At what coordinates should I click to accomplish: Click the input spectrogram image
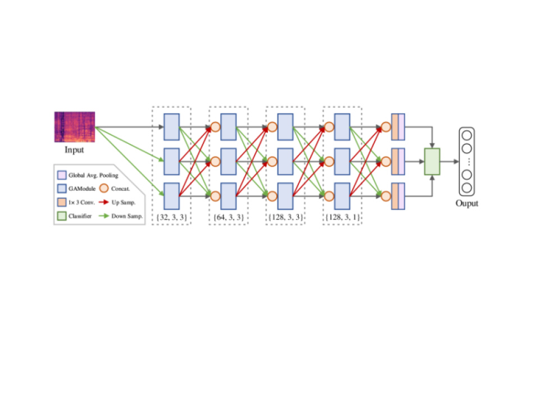coord(75,127)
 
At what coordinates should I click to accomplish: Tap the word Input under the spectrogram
coord(74,150)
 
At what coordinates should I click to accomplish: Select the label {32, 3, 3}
coord(172,216)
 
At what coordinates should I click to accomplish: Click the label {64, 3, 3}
coord(229,216)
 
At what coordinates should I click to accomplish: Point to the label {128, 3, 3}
coord(285,216)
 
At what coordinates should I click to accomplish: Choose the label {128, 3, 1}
coord(342,216)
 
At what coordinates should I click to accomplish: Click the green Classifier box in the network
coord(432,162)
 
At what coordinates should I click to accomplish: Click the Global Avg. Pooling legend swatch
coord(62,175)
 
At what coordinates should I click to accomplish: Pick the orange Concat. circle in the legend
coord(104,189)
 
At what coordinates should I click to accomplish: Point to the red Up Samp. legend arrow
coord(104,202)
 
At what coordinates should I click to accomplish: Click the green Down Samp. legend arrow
coord(104,216)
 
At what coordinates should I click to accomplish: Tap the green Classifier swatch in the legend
coord(62,216)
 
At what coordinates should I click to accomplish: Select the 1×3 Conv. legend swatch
coord(62,202)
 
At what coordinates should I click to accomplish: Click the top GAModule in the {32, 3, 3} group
coord(171,127)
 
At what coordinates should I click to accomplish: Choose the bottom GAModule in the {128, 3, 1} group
coord(342,196)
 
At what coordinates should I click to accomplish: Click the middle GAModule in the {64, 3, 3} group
coord(228,162)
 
